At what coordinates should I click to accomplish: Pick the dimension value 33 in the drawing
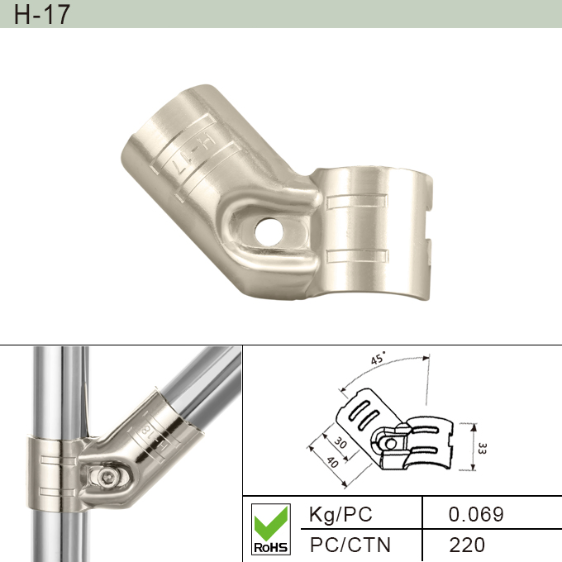(x=481, y=448)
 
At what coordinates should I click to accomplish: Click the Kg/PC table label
(x=340, y=514)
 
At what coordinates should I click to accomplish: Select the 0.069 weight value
(x=475, y=514)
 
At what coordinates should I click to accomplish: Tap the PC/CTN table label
(x=350, y=545)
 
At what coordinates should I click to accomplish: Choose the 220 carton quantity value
(x=468, y=545)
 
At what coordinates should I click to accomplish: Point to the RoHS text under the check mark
(x=270, y=547)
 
